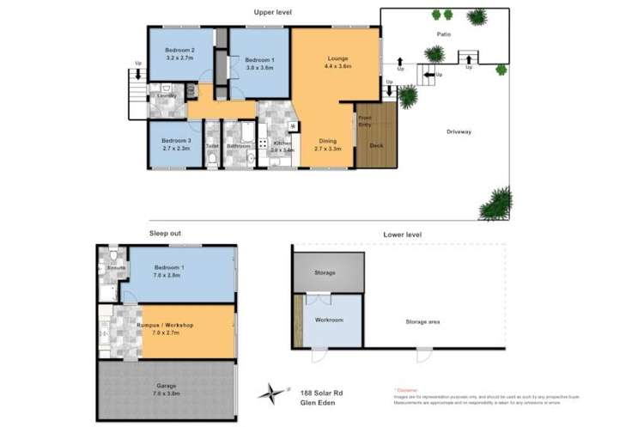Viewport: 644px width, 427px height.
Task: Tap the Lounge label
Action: click(337, 58)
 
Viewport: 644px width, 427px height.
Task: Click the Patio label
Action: click(443, 34)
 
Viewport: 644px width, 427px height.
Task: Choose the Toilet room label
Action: click(212, 146)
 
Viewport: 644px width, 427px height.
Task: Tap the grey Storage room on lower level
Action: click(325, 273)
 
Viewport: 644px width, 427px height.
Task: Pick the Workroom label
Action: click(329, 320)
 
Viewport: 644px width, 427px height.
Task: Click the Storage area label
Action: click(423, 322)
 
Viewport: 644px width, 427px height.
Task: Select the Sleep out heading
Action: click(166, 233)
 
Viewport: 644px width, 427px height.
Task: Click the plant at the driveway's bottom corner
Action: click(496, 204)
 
